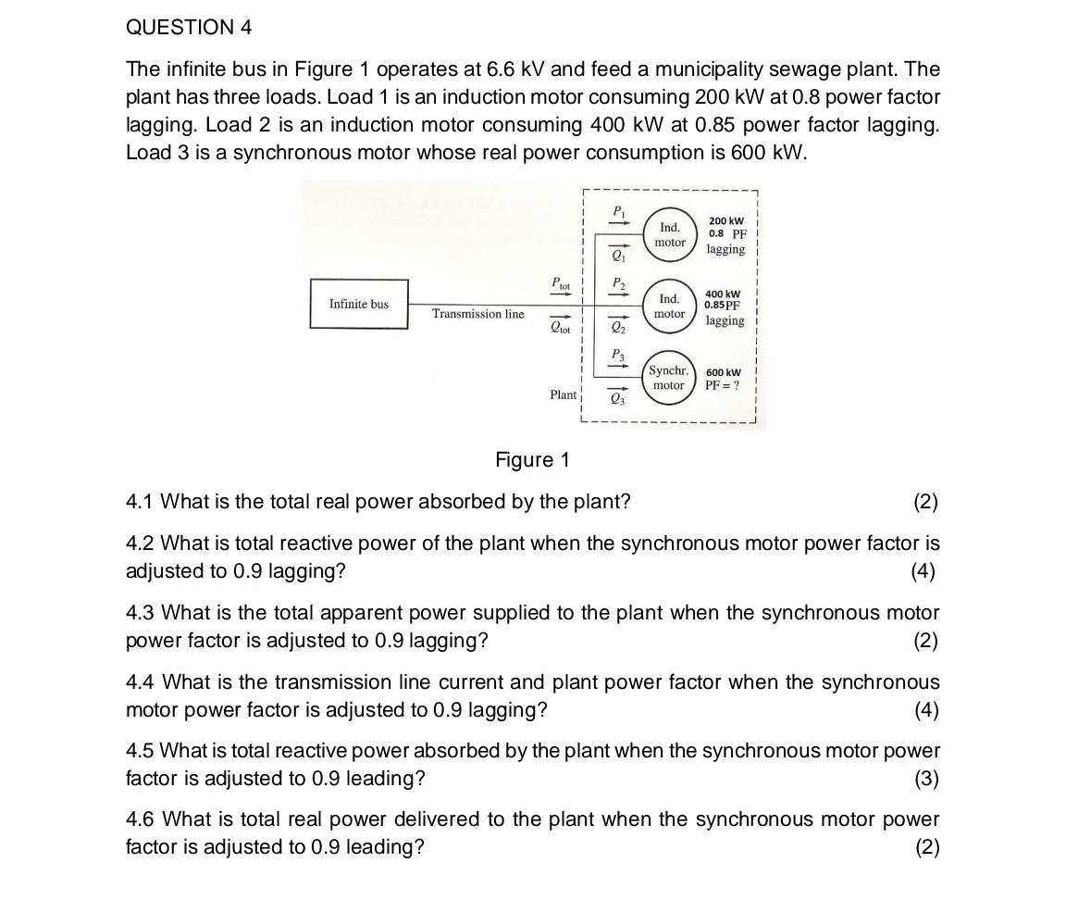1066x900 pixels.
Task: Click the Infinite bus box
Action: [359, 304]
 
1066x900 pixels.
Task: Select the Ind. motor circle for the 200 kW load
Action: [670, 235]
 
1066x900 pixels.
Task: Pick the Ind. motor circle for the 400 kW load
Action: [670, 306]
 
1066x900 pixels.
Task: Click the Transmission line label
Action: [477, 314]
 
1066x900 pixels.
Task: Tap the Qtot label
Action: [561, 327]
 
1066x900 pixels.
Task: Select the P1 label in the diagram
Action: [617, 211]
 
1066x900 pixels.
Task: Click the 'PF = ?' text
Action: [722, 385]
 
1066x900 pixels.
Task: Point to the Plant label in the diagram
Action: [563, 394]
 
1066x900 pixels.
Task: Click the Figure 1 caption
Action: [532, 460]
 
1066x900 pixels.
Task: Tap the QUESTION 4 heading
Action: [189, 28]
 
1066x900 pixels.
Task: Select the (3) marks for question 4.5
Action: [925, 779]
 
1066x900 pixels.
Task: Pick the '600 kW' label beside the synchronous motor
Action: [723, 372]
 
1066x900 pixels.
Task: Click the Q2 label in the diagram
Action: [617, 328]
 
